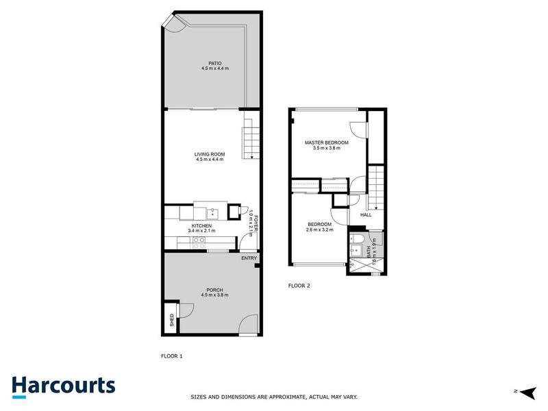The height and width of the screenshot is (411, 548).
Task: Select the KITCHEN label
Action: coord(201,225)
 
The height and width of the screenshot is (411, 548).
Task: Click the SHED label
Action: coord(171,320)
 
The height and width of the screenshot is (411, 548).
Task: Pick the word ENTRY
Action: coord(248,258)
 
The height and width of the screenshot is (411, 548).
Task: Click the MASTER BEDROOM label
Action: coord(327,142)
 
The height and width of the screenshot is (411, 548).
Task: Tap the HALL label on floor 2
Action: coord(366,215)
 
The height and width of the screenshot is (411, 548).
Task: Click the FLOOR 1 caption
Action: coord(171,356)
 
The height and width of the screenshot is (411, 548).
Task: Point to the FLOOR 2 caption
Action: coord(299,286)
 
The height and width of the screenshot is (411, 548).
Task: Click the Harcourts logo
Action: coord(64,386)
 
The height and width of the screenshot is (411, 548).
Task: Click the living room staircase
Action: coord(251,142)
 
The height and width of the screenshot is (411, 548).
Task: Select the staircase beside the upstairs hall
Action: coord(375,188)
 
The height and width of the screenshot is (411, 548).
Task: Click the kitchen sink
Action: coord(212,212)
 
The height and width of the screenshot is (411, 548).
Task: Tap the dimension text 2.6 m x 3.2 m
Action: coord(319,230)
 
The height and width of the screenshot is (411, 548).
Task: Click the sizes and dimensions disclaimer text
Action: coord(273,397)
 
